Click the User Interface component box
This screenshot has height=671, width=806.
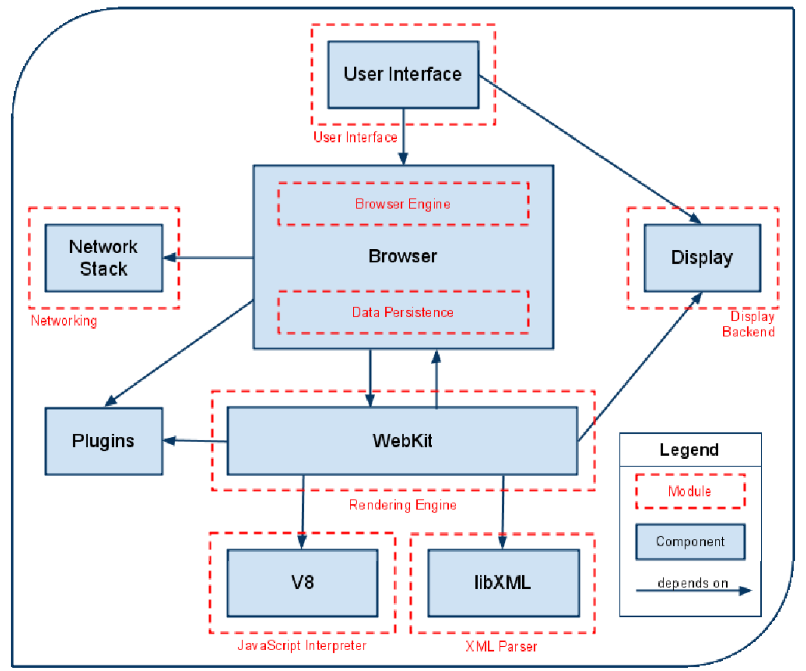pos(403,75)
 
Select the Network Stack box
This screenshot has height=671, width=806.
pos(104,258)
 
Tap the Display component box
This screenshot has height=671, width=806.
pos(702,258)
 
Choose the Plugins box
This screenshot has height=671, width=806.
pos(104,441)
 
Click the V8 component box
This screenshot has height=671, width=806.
pos(302,583)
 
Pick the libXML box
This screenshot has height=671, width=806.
pos(503,583)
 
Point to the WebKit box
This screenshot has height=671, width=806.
pos(403,441)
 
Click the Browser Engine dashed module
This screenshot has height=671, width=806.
pos(403,204)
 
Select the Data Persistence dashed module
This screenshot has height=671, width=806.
pos(403,312)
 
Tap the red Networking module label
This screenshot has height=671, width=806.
pos(64,321)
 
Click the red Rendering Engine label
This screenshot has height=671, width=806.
pos(403,505)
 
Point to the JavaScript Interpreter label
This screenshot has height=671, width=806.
pos(302,646)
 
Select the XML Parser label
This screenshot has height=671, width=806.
pos(501,647)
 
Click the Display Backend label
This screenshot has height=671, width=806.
pos(749,324)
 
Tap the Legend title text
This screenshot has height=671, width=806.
pos(689,450)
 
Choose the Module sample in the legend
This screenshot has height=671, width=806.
pos(690,491)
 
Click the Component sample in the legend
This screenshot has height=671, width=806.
pos(690,542)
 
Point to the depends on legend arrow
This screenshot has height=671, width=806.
pos(694,591)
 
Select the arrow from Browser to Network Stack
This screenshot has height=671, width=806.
pos(208,258)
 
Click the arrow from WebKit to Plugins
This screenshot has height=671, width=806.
pos(195,441)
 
